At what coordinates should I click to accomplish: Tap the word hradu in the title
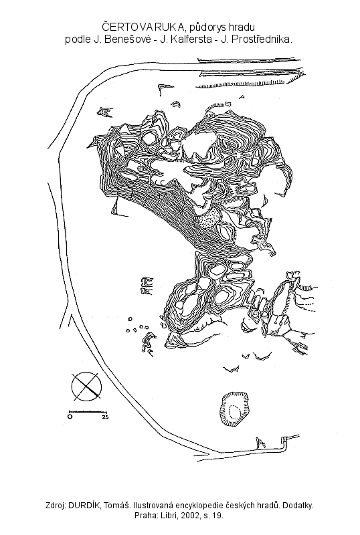[x=243, y=27]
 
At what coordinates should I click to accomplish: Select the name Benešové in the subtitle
[x=122, y=39]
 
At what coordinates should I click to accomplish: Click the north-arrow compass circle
[x=86, y=387]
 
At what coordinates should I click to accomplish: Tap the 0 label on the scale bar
[x=70, y=417]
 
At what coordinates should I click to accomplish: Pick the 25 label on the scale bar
[x=105, y=417]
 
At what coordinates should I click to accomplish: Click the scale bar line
[x=88, y=412]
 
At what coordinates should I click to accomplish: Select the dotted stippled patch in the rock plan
[x=207, y=218]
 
